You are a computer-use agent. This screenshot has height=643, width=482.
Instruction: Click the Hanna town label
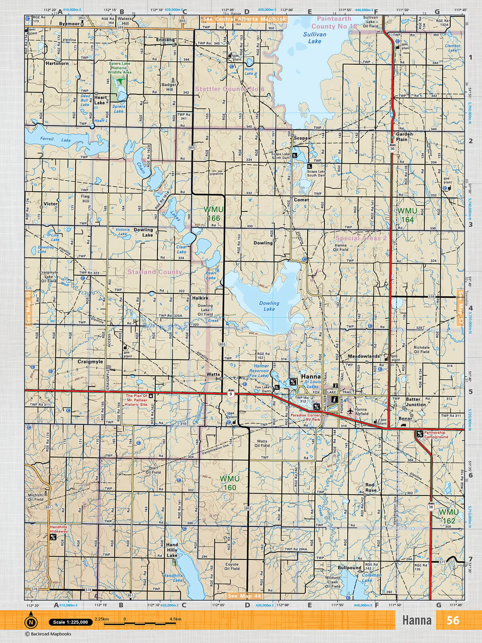tap(311, 377)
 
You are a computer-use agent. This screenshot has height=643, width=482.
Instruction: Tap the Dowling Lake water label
tap(269, 306)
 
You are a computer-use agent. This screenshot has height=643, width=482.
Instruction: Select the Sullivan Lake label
tap(315, 38)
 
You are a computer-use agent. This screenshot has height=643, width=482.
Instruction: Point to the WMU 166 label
tap(213, 214)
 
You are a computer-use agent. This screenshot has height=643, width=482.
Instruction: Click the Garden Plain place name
tap(404, 137)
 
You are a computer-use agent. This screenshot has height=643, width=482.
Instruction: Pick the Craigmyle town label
tap(90, 362)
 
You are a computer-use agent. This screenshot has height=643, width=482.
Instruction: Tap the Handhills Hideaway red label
tap(58, 529)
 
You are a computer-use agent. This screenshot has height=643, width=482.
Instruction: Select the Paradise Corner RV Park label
tap(306, 417)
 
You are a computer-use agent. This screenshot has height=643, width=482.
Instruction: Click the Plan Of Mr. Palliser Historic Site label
tap(137, 400)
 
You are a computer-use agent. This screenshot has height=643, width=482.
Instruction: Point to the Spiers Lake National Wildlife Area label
tap(119, 68)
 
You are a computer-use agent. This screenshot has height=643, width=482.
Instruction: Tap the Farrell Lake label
tap(55, 139)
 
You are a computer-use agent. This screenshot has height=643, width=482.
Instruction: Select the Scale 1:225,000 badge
tap(70, 622)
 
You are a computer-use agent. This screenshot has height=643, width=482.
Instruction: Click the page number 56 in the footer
tap(453, 620)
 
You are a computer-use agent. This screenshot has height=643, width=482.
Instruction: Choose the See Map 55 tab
tap(28, 308)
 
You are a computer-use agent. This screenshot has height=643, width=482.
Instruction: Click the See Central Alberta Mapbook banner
tap(244, 19)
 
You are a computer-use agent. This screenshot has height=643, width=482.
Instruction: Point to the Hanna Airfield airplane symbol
tap(350, 411)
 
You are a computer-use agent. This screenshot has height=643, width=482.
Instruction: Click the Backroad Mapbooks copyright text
tap(48, 634)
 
